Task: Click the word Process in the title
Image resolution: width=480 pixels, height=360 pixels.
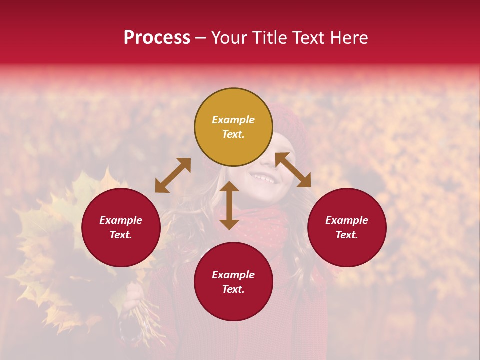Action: pos(157,38)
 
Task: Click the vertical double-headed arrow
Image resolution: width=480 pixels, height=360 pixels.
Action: pos(229,205)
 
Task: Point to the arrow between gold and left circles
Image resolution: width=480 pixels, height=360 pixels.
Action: pos(173,175)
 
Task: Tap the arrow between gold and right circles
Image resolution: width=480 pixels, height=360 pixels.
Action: pos(293,170)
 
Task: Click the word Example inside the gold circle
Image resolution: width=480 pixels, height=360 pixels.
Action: pos(233,120)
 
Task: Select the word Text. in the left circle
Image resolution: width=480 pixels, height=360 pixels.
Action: pos(121,235)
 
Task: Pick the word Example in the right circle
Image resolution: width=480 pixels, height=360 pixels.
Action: pos(347,220)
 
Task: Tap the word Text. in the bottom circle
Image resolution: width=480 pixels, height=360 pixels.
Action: pos(233,289)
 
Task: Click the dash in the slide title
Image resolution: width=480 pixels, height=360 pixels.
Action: pos(200,38)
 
